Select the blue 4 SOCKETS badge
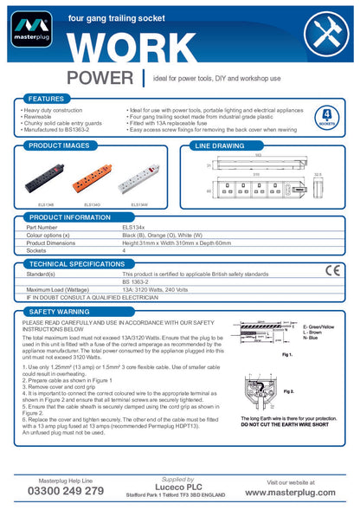327,117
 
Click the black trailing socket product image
44,183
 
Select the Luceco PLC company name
177,487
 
